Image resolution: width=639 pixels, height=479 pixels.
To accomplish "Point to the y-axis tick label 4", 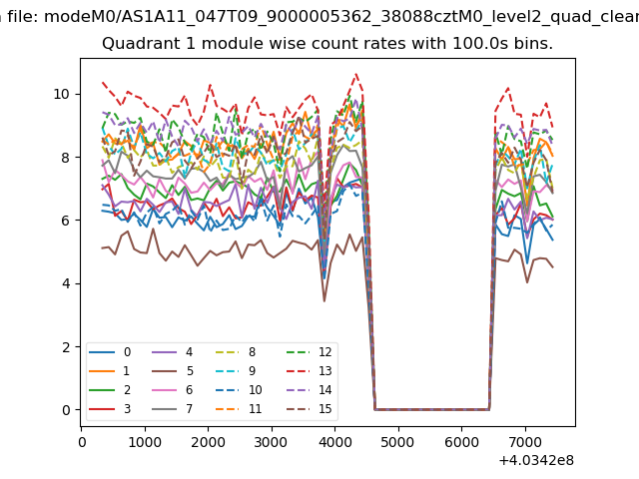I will [66, 283].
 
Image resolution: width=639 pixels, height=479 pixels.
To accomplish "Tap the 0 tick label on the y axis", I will [66, 410].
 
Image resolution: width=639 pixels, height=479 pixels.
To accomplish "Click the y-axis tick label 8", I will [66, 158].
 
